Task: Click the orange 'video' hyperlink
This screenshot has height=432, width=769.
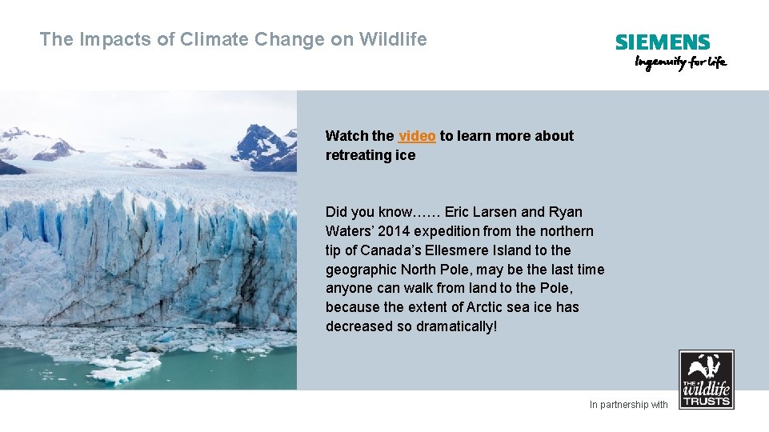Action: coord(417,136)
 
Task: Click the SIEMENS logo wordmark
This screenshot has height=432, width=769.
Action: coord(663,42)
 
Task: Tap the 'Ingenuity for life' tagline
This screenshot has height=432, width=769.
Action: coord(680,62)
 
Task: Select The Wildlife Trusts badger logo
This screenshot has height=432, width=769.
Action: coord(706,379)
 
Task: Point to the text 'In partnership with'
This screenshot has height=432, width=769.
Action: coord(628,405)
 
